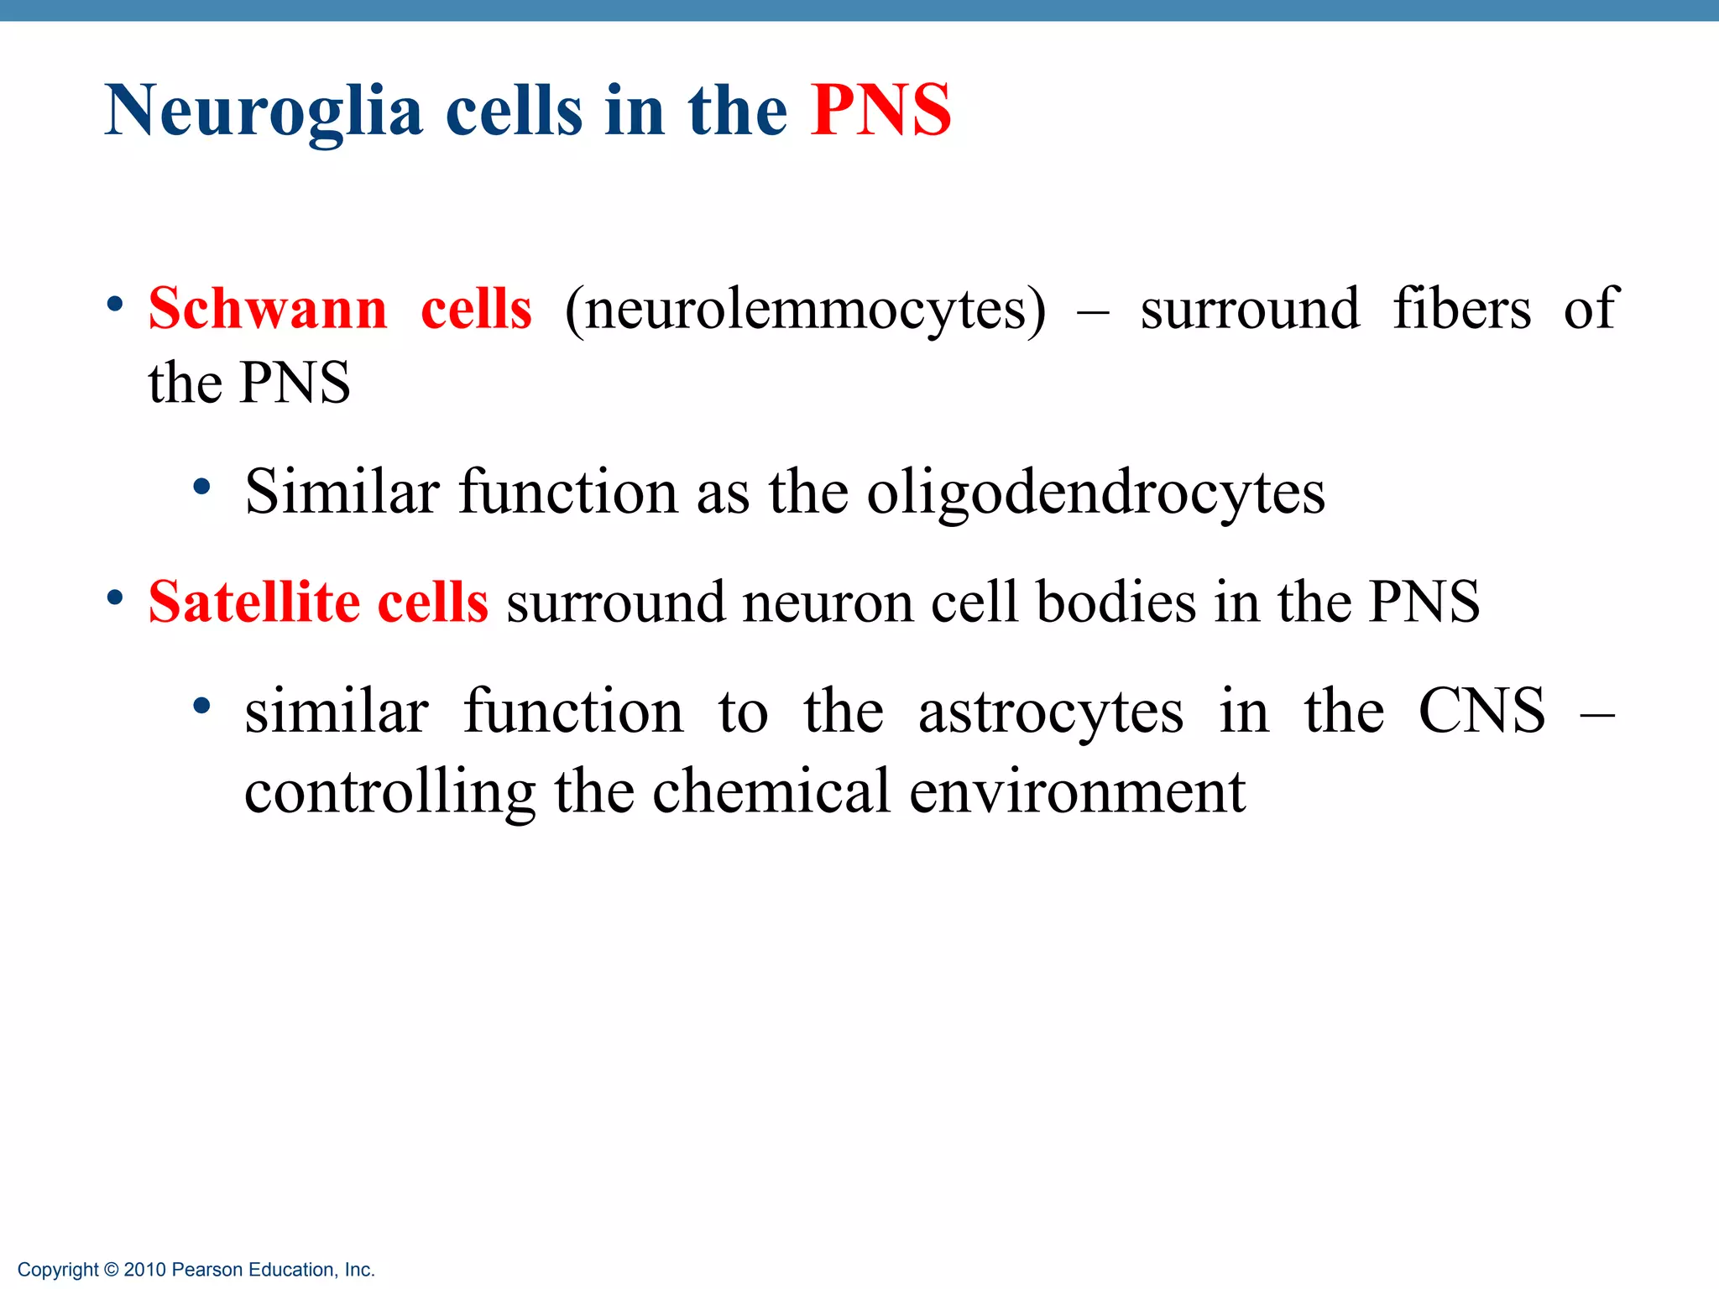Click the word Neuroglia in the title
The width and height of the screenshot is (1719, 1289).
tap(263, 111)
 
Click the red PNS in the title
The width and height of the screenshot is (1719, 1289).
tap(880, 111)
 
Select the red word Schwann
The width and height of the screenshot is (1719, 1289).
tap(268, 309)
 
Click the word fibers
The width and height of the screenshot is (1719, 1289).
tap(1461, 309)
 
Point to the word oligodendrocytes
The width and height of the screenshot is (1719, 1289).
tap(1095, 493)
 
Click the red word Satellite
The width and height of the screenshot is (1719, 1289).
tap(254, 602)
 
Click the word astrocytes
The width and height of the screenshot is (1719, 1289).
tap(1051, 712)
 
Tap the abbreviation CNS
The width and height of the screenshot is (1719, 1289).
tap(1481, 711)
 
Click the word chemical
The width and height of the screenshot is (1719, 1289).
tap(771, 791)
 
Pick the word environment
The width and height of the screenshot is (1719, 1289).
tap(1077, 791)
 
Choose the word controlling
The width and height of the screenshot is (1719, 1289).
tap(389, 793)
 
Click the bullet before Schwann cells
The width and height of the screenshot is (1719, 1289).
tap(115, 304)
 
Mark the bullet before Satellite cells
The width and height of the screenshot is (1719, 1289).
tap(115, 598)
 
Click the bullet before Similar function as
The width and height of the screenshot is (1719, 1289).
tap(201, 487)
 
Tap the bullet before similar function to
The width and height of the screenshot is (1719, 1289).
tap(201, 707)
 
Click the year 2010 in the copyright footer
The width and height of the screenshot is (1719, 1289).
tap(144, 1270)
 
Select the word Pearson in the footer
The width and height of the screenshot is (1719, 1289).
tap(207, 1270)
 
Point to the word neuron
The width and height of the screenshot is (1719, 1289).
tap(828, 603)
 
